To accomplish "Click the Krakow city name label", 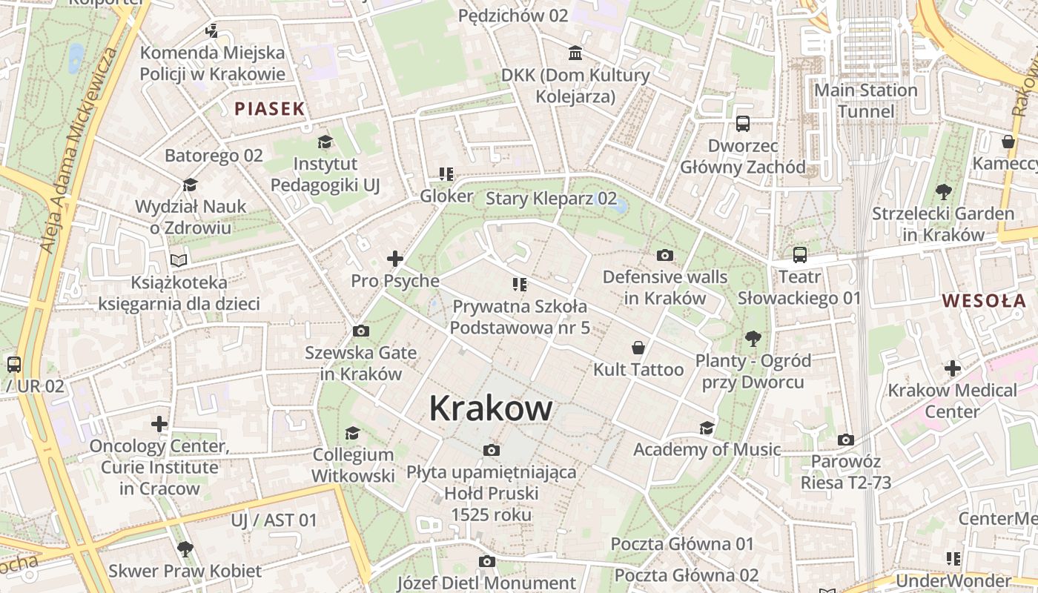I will pyautogui.click(x=491, y=408).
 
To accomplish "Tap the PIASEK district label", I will pyautogui.click(x=270, y=108).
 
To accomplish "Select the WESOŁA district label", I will pyautogui.click(x=984, y=300).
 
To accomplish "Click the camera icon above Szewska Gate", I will pyautogui.click(x=361, y=331).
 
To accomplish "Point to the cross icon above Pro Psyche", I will pyautogui.click(x=395, y=259).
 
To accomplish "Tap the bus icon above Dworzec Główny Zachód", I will pyautogui.click(x=743, y=124).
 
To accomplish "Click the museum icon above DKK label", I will pyautogui.click(x=575, y=53).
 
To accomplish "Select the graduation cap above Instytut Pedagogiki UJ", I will pyautogui.click(x=325, y=142).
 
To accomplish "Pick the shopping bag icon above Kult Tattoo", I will pyautogui.click(x=638, y=348).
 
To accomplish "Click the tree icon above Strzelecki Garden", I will pyautogui.click(x=943, y=192).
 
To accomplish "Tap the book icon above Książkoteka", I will pyautogui.click(x=179, y=260).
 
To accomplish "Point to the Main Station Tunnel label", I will pyautogui.click(x=865, y=101).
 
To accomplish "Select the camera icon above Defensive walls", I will pyautogui.click(x=665, y=256).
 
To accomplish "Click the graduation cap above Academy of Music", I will pyautogui.click(x=707, y=428).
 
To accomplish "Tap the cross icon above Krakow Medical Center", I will pyautogui.click(x=953, y=368).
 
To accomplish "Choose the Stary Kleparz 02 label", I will pyautogui.click(x=551, y=198).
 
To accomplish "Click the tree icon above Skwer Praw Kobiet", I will pyautogui.click(x=185, y=549).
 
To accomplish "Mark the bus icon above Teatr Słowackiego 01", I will pyautogui.click(x=799, y=255).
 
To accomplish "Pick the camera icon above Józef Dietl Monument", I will pyautogui.click(x=486, y=561).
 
